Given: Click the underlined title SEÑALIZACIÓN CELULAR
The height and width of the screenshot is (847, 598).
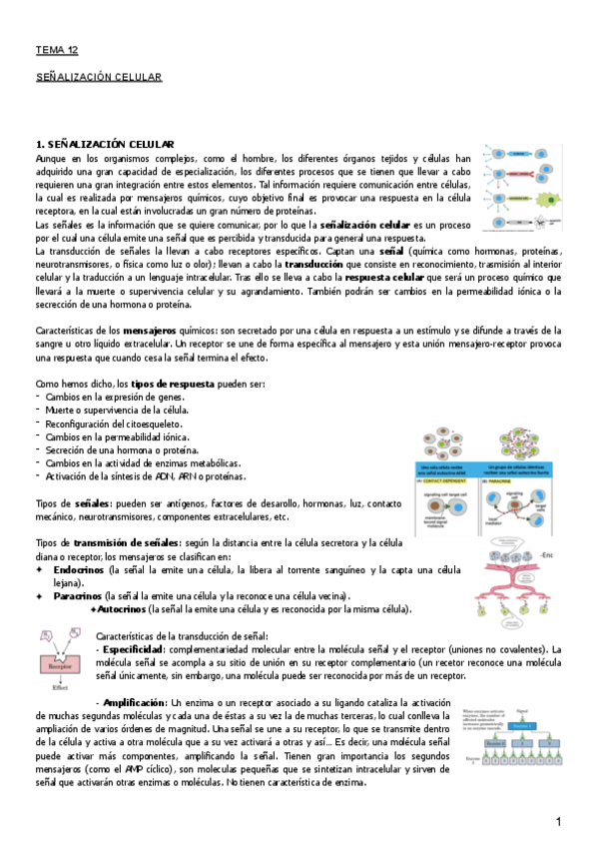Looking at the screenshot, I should click(98, 76).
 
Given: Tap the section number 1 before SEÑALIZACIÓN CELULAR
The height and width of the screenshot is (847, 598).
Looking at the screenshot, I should click(39, 145).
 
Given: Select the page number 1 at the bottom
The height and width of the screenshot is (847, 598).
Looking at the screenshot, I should click(560, 821).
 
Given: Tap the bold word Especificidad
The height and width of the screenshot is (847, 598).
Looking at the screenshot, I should click(135, 649).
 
